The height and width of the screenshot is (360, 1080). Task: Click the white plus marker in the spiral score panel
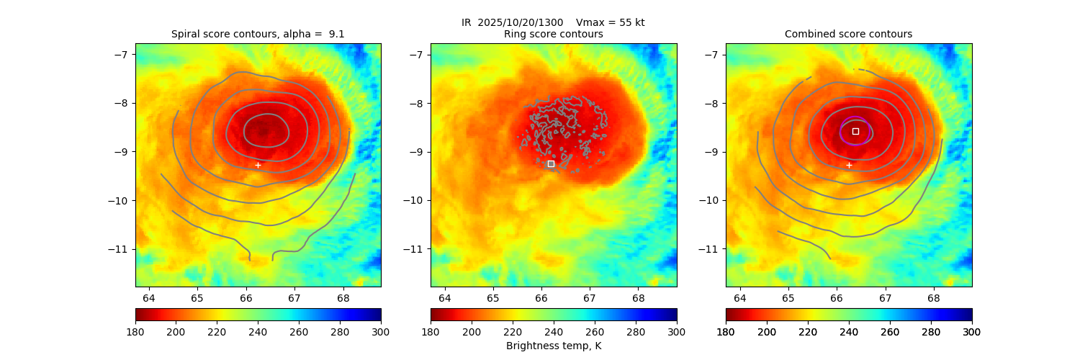258,166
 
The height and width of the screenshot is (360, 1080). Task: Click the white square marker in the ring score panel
551,164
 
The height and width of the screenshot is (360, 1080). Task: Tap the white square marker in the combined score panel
855,131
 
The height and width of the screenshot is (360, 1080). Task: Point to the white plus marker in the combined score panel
849,166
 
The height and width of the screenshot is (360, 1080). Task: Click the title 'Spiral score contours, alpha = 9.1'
258,34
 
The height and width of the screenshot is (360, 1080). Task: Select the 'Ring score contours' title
553,34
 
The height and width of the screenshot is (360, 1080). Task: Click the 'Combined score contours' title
848,34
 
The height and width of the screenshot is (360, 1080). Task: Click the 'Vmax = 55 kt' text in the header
611,22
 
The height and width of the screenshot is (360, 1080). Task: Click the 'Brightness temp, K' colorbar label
553,346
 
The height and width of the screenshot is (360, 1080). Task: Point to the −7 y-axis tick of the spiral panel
120,55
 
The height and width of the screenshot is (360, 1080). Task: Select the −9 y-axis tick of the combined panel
711,152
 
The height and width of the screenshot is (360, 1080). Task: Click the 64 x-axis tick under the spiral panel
149,298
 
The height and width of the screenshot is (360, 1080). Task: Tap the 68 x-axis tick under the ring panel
638,298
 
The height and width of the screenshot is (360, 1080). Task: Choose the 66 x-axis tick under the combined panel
837,298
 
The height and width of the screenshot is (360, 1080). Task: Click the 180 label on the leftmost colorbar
135,332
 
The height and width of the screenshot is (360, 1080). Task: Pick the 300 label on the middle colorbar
677,332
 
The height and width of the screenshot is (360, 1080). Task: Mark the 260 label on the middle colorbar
595,332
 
